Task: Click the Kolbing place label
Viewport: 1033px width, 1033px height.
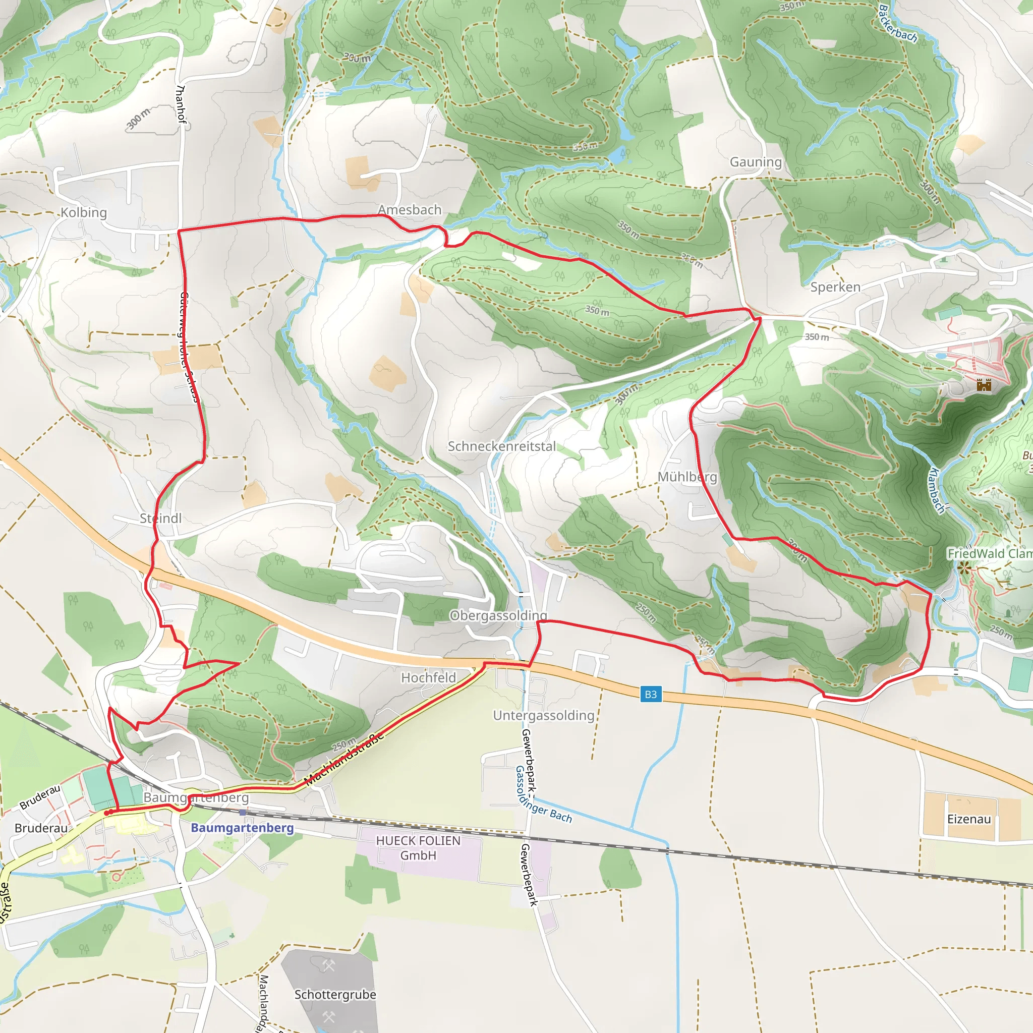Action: click(x=83, y=212)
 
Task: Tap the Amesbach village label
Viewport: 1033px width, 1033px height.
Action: click(x=410, y=210)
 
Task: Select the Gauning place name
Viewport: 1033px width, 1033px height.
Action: click(x=756, y=161)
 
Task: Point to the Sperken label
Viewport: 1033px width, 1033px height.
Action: click(x=835, y=287)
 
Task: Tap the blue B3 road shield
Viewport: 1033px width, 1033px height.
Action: click(x=651, y=694)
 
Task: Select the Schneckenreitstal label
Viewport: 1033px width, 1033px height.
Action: click(x=501, y=446)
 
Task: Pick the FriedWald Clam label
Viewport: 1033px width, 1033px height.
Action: click(x=989, y=553)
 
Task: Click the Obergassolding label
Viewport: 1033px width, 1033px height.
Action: click(x=498, y=615)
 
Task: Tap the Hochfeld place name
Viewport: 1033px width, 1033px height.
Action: click(x=428, y=677)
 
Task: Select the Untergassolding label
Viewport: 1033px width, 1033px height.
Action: click(x=543, y=715)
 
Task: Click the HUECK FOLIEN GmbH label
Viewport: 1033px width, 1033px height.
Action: click(x=418, y=848)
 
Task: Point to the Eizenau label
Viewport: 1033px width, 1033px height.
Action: click(x=969, y=819)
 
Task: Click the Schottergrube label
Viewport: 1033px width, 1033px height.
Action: click(x=335, y=995)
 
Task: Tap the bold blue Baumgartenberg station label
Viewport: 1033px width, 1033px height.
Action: click(x=242, y=828)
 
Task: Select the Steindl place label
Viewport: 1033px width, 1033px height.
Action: click(x=160, y=518)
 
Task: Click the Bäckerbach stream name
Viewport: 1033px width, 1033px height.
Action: click(x=898, y=24)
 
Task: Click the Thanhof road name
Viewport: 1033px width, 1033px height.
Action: click(x=181, y=104)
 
